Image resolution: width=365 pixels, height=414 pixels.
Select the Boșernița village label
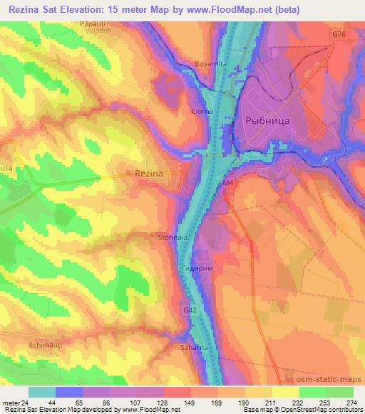point(209,64)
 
